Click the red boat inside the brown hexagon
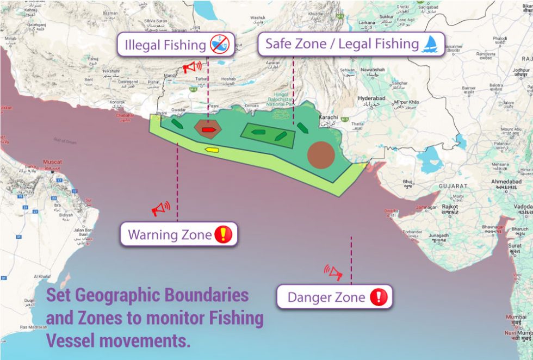pos(207,130)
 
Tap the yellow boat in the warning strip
pos(212,150)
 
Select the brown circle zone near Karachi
pos(320,154)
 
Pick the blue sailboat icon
pos(430,44)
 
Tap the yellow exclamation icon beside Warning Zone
pos(223,234)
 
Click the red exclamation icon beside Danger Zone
pos(379,297)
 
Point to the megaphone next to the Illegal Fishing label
pos(191,67)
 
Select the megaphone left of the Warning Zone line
pos(160,209)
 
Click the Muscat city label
pos(53,162)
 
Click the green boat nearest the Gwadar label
pos(177,123)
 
